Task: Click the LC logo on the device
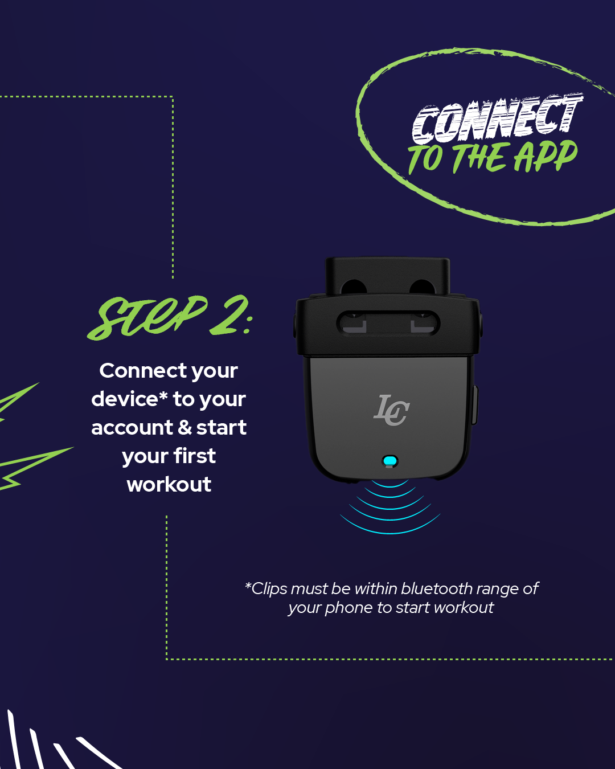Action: click(392, 410)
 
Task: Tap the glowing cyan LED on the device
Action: click(390, 461)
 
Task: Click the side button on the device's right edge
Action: click(475, 405)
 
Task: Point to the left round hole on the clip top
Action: click(354, 287)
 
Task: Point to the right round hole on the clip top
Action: click(422, 287)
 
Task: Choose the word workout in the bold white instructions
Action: click(169, 485)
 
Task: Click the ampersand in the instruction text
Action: click(184, 427)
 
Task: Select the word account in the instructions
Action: click(132, 428)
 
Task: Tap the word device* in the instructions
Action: click(129, 399)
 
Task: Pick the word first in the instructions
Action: click(195, 456)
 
